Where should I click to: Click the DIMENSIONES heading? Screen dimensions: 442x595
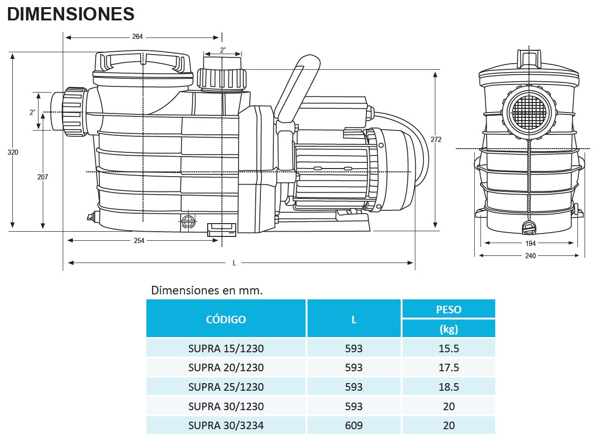click(x=71, y=14)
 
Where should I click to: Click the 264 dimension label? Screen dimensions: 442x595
click(x=137, y=37)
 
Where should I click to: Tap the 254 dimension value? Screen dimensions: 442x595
click(x=139, y=241)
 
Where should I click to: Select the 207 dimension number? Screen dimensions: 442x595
click(x=43, y=177)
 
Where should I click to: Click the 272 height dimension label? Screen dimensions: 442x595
click(x=436, y=140)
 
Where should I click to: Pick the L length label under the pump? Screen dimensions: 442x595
click(x=234, y=263)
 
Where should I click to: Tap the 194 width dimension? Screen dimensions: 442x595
click(x=530, y=244)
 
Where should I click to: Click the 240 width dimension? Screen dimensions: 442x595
click(x=530, y=256)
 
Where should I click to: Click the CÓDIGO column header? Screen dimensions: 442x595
click(x=226, y=320)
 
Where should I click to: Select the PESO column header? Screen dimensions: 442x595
click(x=449, y=310)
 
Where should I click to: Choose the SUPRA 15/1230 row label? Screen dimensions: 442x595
click(x=226, y=348)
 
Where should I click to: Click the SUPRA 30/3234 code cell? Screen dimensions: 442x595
click(x=226, y=425)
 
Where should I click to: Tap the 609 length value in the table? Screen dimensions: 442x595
click(x=354, y=425)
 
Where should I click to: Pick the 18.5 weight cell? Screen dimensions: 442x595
click(x=449, y=387)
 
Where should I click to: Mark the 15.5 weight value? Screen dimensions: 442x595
click(x=449, y=348)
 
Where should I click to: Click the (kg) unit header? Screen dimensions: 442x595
click(x=449, y=329)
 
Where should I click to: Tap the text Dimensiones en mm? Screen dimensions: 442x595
click(x=207, y=290)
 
